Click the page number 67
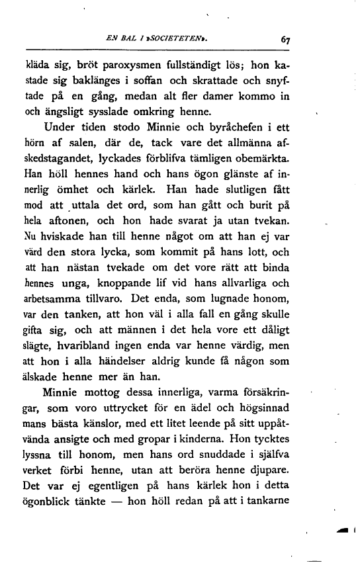coord(285,40)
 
